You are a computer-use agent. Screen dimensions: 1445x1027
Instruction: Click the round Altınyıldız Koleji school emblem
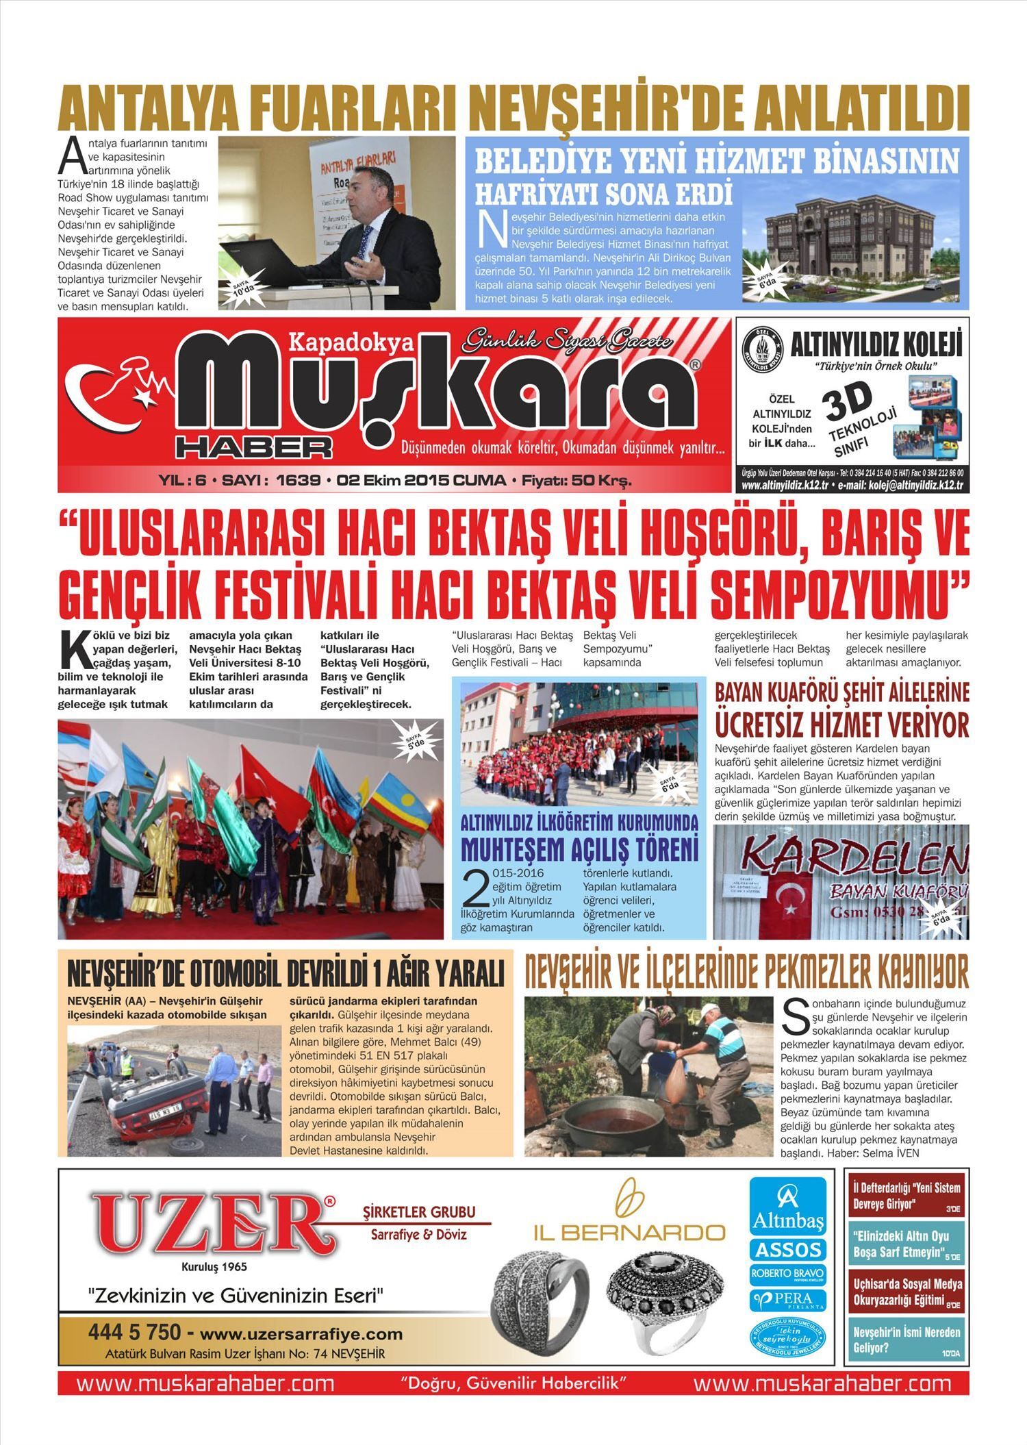click(762, 350)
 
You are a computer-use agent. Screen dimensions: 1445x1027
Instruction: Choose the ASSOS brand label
click(788, 1250)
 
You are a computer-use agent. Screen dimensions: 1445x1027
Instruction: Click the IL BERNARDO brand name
click(629, 1233)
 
